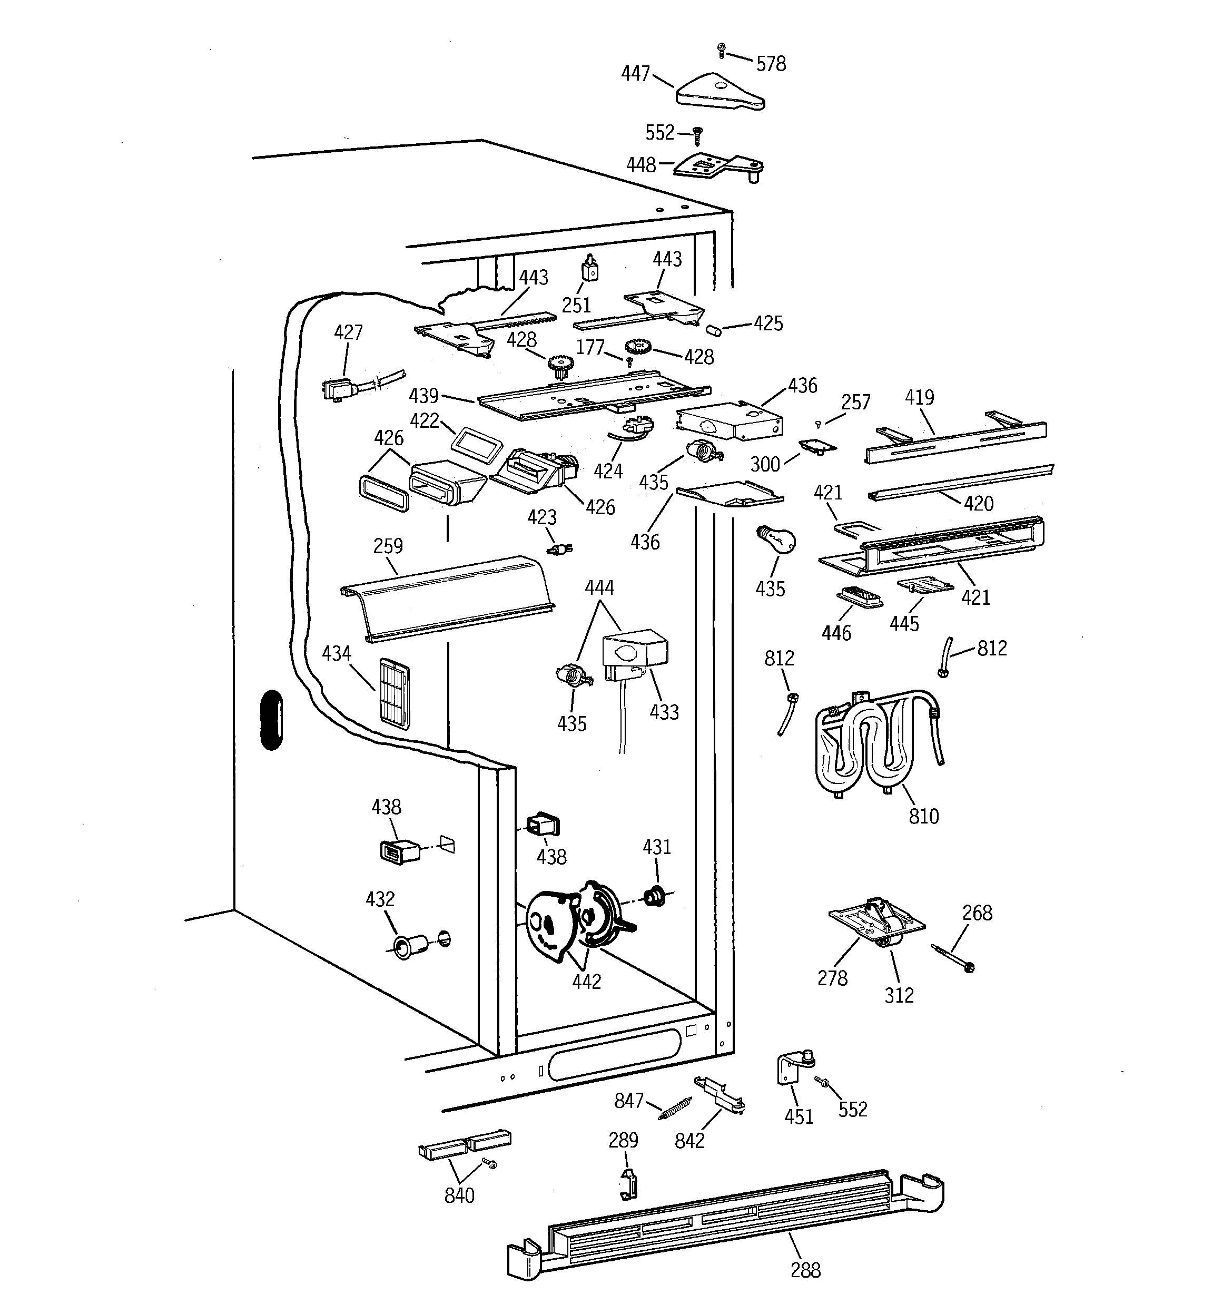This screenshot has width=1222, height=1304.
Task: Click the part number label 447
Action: coord(634,73)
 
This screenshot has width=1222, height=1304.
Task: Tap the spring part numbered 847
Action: coord(675,1110)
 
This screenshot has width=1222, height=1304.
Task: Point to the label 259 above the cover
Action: coord(388,546)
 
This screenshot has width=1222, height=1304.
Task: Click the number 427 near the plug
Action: coord(348,332)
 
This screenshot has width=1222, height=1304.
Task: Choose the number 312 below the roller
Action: coord(898,995)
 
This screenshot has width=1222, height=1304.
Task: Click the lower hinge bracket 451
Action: coord(791,1068)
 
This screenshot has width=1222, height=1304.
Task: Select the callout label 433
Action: coord(663,712)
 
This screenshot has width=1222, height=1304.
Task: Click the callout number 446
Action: coord(836,632)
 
